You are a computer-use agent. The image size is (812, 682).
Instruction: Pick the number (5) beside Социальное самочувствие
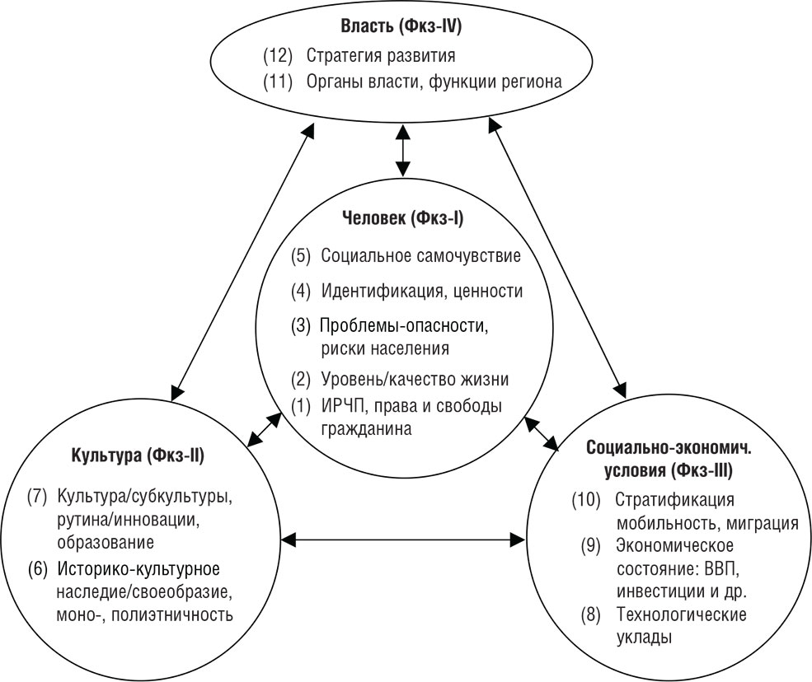coord(303,255)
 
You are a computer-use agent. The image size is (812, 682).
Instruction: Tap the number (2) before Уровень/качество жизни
coord(303,380)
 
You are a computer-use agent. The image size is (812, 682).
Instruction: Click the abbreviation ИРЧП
coord(346,405)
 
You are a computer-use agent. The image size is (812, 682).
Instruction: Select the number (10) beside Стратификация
coord(588,501)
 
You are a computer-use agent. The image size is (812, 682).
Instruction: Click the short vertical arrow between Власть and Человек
coord(402,150)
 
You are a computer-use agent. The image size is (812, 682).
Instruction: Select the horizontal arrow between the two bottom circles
coord(403,540)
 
